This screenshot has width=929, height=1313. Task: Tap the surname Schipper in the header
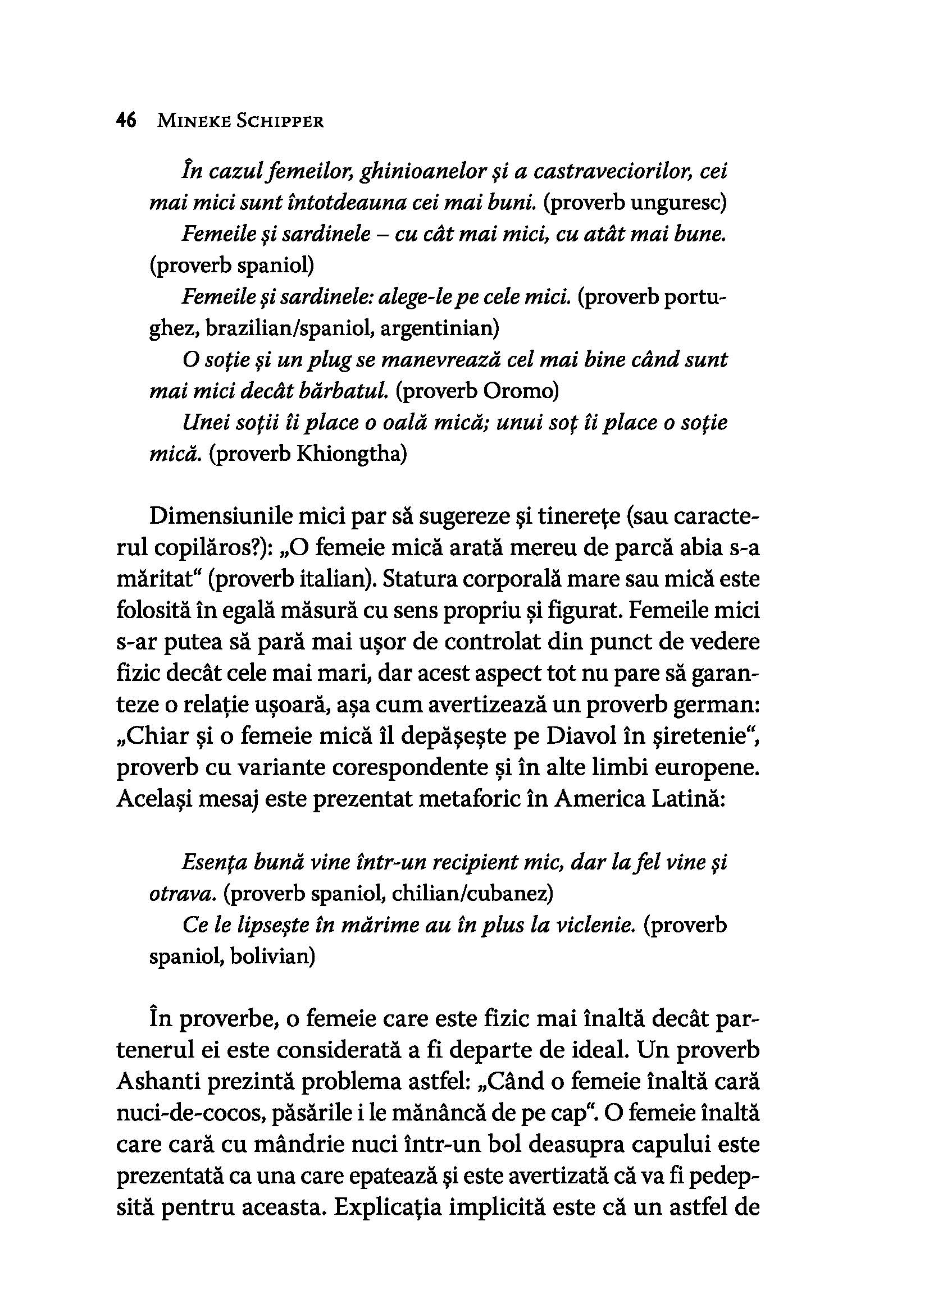[x=280, y=121]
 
